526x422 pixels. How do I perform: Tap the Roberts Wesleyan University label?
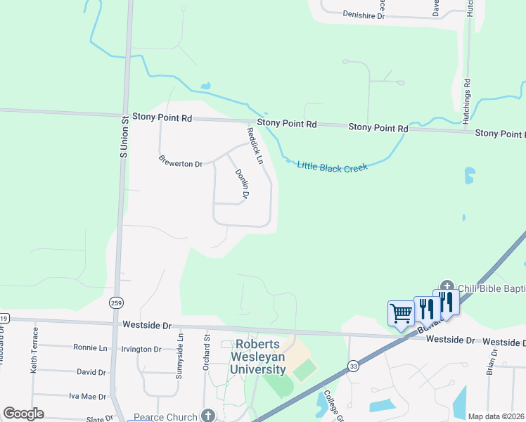click(260, 357)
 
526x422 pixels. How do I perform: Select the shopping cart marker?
click(401, 313)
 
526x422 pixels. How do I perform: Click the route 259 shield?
click(116, 302)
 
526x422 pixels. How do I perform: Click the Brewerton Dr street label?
click(180, 161)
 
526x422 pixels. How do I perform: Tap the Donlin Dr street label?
click(241, 184)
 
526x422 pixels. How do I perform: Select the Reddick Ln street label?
click(255, 146)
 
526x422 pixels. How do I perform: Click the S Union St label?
click(122, 136)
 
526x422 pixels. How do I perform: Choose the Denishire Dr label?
click(364, 14)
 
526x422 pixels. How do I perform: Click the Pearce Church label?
click(167, 416)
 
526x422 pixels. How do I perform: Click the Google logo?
click(23, 414)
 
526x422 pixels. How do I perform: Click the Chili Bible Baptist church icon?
click(447, 287)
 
